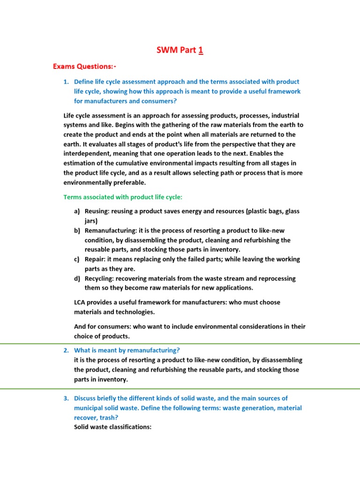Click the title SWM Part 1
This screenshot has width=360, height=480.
[x=180, y=50]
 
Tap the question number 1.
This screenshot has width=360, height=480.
[x=66, y=82]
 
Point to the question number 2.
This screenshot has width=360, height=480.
[x=66, y=350]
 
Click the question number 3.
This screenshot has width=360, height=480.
[x=66, y=398]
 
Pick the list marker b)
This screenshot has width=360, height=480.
[x=77, y=231]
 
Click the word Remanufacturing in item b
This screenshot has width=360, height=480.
[x=111, y=231]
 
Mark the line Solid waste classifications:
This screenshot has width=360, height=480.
[x=112, y=427]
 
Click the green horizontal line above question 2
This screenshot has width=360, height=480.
[x=180, y=344]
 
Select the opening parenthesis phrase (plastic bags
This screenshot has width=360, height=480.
[x=264, y=211]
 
